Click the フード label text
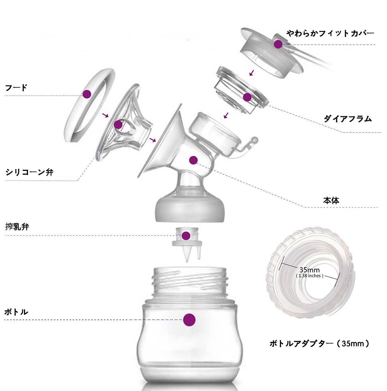pyautogui.click(x=16, y=87)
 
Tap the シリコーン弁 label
pyautogui.click(x=30, y=172)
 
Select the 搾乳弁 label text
pyautogui.click(x=17, y=227)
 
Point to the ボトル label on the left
pyautogui.click(x=16, y=312)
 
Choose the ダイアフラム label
pyautogui.click(x=348, y=119)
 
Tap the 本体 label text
pyautogui.click(x=331, y=200)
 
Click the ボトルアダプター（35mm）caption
pyautogui.click(x=320, y=343)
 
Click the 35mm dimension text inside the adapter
pyautogui.click(x=309, y=270)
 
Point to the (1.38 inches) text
pyautogui.click(x=310, y=276)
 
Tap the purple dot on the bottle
pyautogui.click(x=189, y=320)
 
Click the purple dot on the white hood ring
pyautogui.click(x=87, y=94)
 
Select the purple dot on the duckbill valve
pyautogui.click(x=186, y=236)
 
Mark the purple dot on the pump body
pyautogui.click(x=193, y=160)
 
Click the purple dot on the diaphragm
pyautogui.click(x=247, y=97)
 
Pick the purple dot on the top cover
pyautogui.click(x=278, y=44)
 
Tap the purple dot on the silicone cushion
pyautogui.click(x=118, y=125)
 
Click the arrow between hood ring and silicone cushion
pyautogui.click(x=105, y=115)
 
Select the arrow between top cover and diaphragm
pyautogui.click(x=251, y=73)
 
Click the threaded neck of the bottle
pyautogui.click(x=190, y=280)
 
